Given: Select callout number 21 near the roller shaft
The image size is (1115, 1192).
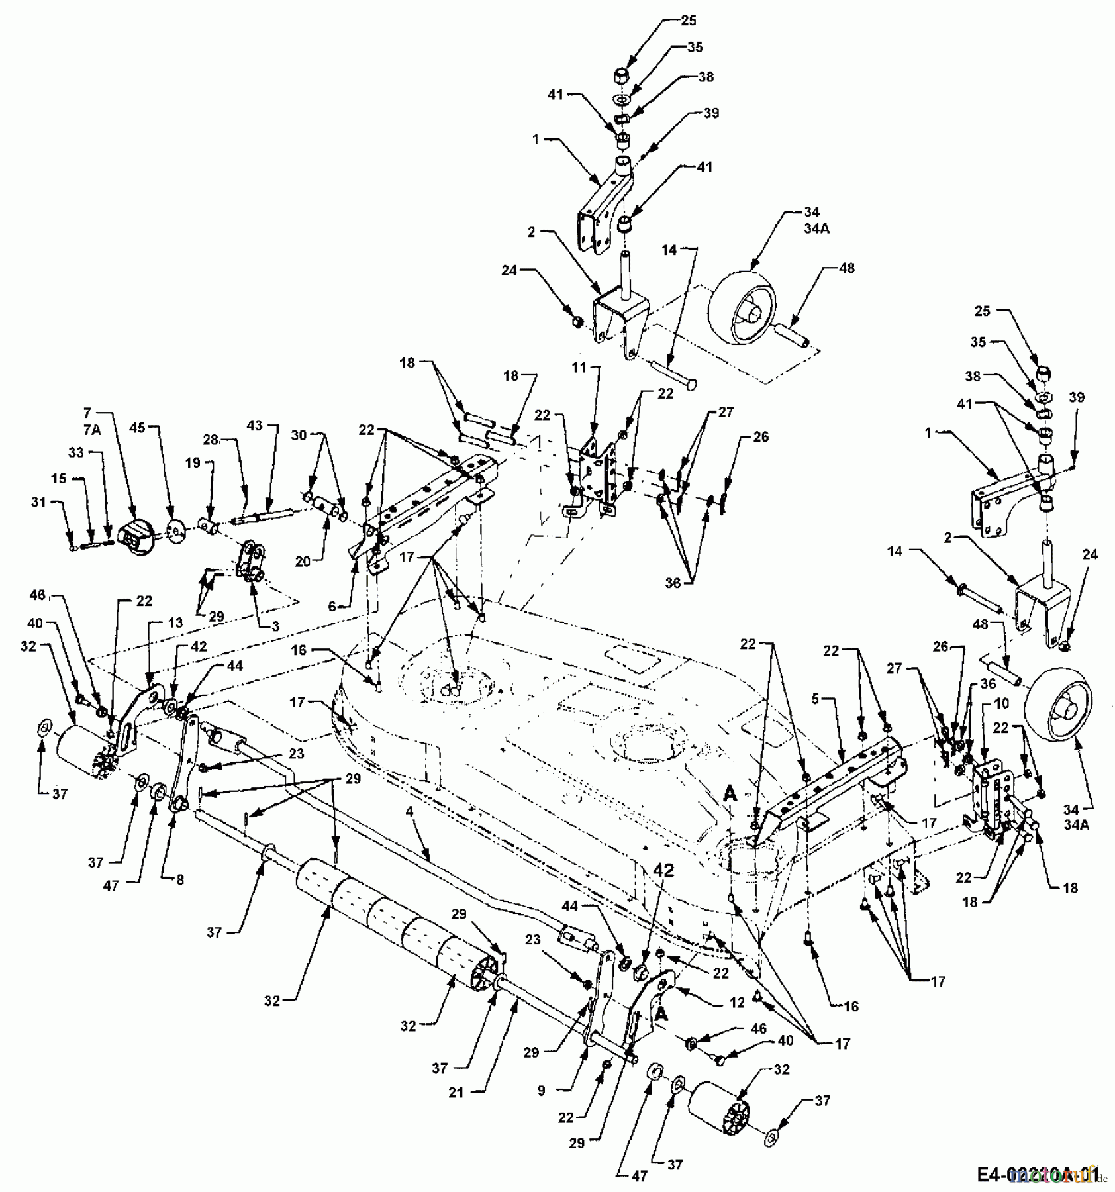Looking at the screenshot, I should tap(456, 1093).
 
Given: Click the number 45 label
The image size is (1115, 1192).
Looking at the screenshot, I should tap(137, 428).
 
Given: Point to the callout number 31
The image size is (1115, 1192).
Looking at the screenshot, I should tap(38, 502).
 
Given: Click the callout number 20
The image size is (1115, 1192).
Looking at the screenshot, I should tap(303, 561).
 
